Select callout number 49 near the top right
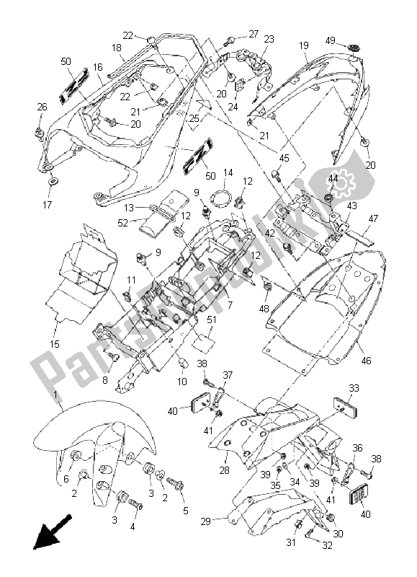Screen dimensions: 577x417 pyautogui.click(x=330, y=40)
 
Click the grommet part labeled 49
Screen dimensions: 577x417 pyautogui.click(x=354, y=48)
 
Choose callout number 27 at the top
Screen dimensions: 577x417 pyautogui.click(x=253, y=34)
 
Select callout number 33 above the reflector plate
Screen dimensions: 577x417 pyautogui.click(x=353, y=387)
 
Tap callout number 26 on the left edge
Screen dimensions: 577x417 pyautogui.click(x=41, y=107)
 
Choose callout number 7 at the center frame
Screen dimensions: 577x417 pyautogui.click(x=230, y=305)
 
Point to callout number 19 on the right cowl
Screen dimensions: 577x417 pyautogui.click(x=303, y=45)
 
